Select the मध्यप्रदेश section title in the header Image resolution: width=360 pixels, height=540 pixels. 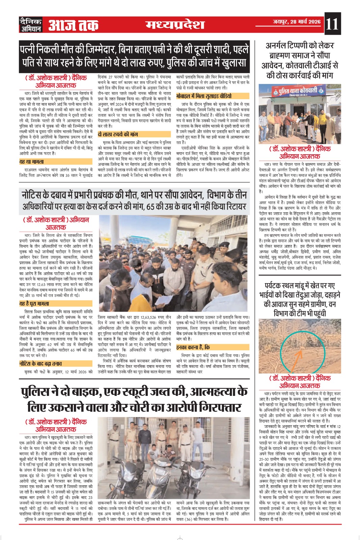175,25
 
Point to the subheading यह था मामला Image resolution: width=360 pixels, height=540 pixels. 32,162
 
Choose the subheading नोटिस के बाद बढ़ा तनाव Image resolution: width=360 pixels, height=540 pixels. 40,363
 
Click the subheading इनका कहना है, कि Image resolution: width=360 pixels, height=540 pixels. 193,347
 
